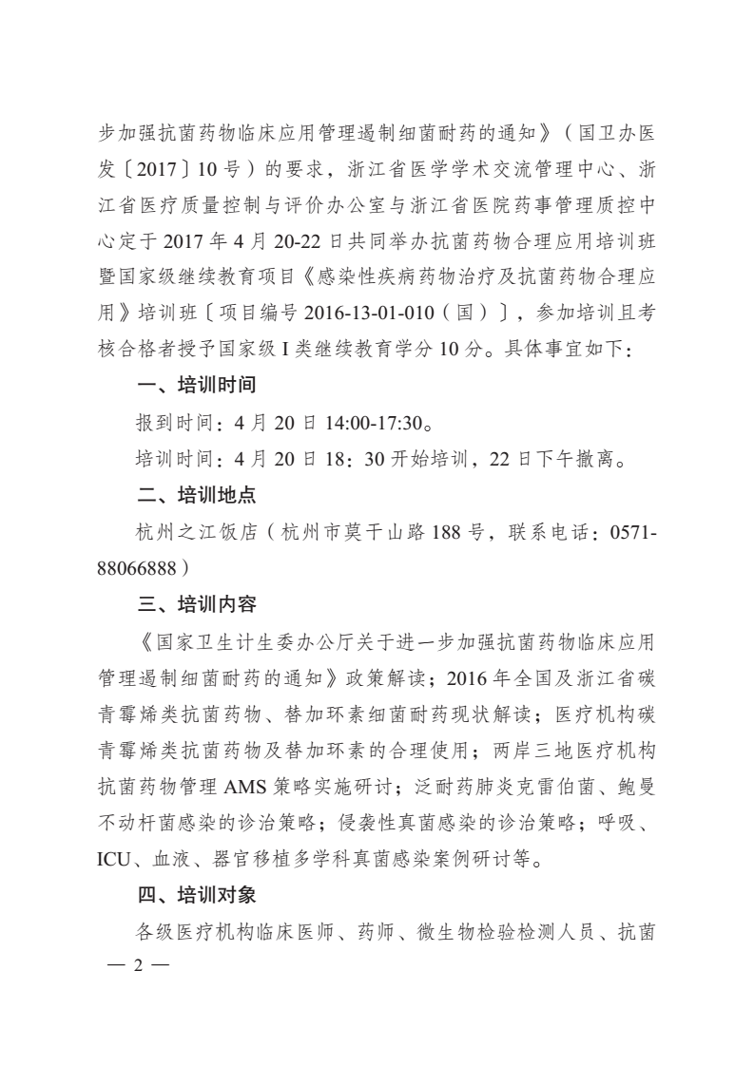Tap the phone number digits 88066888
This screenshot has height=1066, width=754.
pyautogui.click(x=138, y=567)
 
